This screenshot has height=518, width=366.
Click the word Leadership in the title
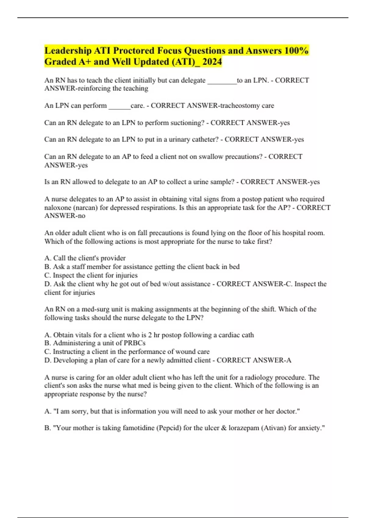pos(68,51)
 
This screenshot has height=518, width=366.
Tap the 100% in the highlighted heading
pos(296,51)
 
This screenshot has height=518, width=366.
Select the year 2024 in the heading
pos(212,62)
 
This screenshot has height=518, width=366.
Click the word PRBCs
pos(135,343)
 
